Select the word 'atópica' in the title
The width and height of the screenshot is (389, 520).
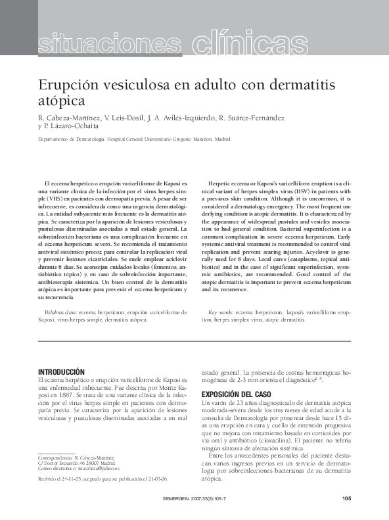62,102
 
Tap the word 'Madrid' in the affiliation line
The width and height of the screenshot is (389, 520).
223,139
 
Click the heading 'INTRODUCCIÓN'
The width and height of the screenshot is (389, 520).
62,371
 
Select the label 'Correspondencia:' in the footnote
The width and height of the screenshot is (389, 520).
55,475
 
